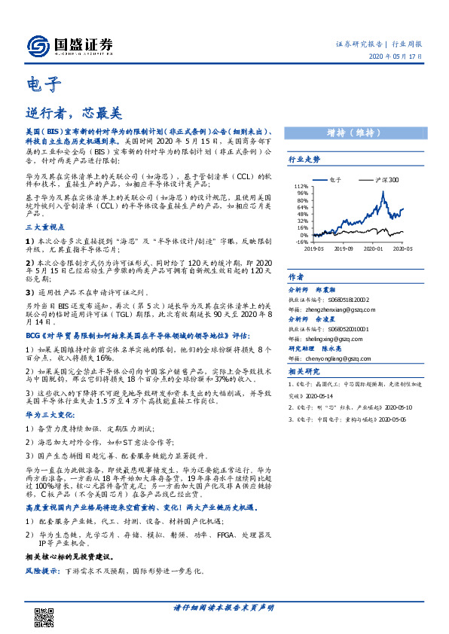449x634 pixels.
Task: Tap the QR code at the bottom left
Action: pos(46,617)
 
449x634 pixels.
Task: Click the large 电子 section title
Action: pos(43,84)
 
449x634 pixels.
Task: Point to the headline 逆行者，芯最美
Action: pos(73,113)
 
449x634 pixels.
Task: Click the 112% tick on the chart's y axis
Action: pos(301,185)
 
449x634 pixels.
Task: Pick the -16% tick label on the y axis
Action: pos(301,242)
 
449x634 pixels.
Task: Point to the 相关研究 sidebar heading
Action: pos(304,372)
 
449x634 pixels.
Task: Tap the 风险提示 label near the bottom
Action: pos(42,572)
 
